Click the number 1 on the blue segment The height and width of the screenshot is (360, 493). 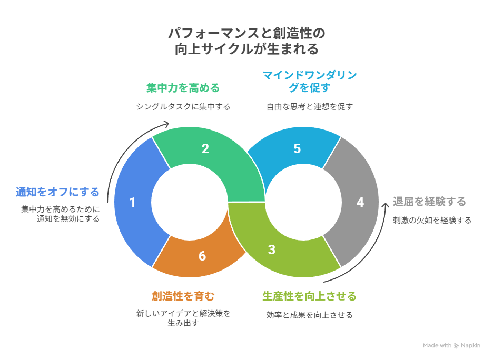pos(132,203)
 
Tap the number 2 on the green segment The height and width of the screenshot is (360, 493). pos(205,149)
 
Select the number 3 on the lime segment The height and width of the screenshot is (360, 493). pos(272,250)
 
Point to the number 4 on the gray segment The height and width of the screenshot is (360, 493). pos(360,203)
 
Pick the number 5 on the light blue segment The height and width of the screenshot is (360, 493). pos(297,149)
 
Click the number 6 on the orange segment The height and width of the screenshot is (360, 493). pos(202,256)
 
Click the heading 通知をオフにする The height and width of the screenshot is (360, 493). pos(57,192)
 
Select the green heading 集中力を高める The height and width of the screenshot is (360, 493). pos(183,87)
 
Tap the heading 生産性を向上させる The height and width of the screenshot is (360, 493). pos(309,296)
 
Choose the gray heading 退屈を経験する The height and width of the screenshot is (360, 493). pos(429,202)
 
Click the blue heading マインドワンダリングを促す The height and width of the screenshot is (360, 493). pos(309,81)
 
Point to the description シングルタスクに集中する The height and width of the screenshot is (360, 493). pos(183,106)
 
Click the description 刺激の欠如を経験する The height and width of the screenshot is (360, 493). pos(432,221)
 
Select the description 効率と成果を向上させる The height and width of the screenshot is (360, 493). pos(309,315)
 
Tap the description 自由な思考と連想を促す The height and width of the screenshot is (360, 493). pos(309,106)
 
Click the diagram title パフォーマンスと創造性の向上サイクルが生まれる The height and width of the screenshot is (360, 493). pos(246,42)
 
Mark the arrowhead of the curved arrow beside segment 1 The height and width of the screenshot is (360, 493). pos(167,124)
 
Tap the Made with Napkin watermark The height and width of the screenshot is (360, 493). pos(451,346)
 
